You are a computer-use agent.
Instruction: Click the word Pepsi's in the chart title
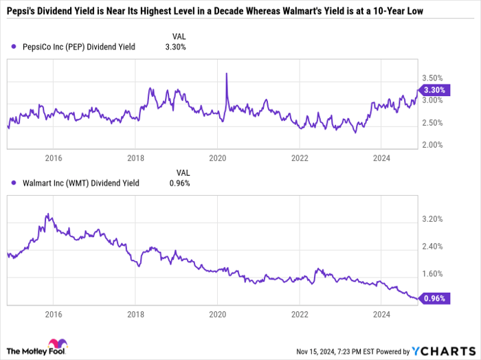coord(23,12)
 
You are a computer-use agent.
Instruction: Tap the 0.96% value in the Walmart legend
coord(180,183)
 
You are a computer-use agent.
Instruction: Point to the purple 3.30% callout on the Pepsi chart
coord(435,90)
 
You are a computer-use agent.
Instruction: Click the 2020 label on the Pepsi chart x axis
coord(217,158)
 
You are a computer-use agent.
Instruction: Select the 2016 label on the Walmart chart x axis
coord(54,313)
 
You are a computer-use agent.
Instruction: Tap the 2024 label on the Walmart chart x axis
coord(381,313)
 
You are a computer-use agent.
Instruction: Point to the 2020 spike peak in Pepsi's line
coord(226,74)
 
